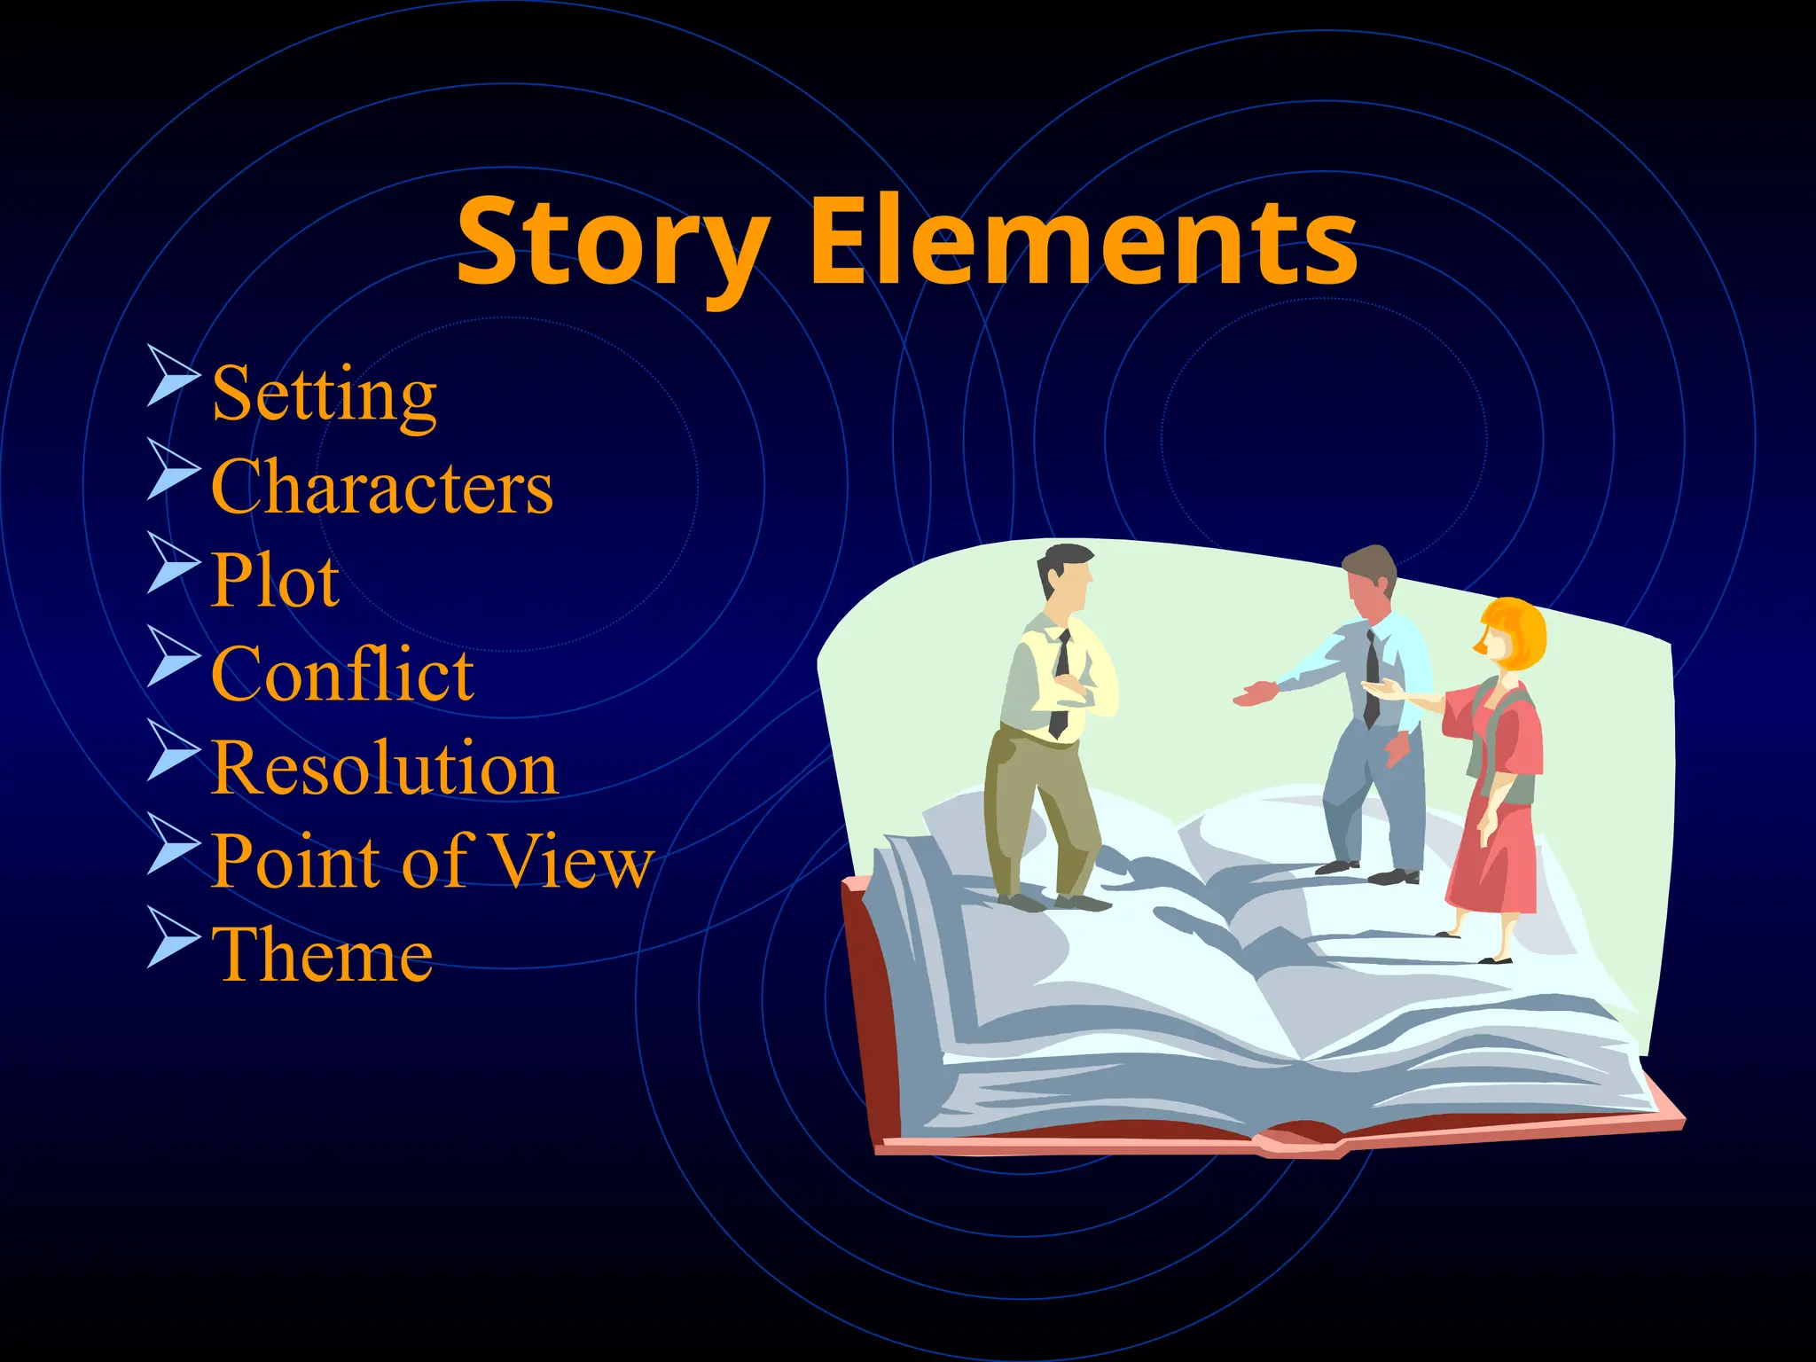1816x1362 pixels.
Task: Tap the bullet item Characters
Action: [381, 487]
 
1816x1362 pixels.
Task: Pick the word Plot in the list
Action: [275, 580]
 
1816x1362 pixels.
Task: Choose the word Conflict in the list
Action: [342, 674]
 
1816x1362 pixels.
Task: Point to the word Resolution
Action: [384, 768]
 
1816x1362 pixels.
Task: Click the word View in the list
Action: [572, 861]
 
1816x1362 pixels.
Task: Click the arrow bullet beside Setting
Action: [173, 376]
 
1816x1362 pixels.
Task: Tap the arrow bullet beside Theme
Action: [173, 936]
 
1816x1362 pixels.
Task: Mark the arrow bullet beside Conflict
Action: [173, 656]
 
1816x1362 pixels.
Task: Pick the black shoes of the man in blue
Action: [1392, 877]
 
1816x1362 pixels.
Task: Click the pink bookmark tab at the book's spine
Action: [1303, 1139]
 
